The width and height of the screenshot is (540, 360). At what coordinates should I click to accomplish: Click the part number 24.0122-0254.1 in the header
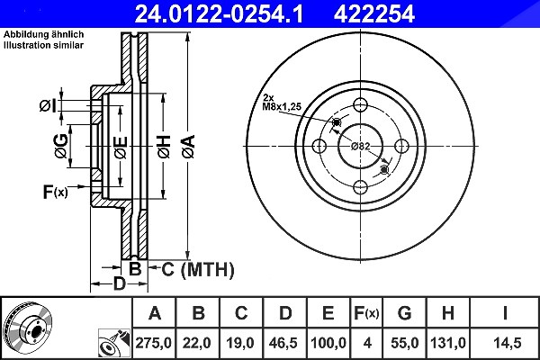coord(219,13)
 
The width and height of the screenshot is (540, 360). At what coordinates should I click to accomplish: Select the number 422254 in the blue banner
coord(374,13)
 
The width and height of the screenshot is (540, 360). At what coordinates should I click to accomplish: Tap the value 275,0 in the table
coord(153,343)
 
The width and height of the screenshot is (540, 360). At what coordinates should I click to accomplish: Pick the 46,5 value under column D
coord(283,343)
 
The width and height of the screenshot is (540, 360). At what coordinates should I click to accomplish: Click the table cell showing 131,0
coord(447,343)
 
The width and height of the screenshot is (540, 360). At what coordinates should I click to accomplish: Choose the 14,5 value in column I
coord(508,343)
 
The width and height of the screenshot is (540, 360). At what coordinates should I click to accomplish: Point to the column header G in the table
coord(404,313)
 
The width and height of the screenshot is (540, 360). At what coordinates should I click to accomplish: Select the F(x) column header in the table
coord(366,313)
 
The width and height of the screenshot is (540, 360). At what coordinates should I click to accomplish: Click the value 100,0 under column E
coord(328,343)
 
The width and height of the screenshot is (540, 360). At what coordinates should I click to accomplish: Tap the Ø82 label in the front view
coord(361,146)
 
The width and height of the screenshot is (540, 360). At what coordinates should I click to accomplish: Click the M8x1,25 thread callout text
coord(282,107)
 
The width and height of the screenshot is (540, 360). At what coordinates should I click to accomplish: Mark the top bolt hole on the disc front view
coord(360,105)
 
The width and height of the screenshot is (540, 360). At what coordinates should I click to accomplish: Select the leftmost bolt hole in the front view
coord(319,146)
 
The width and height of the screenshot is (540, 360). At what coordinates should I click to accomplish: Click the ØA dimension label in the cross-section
coord(189,147)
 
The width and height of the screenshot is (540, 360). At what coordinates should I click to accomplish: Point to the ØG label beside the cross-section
coord(61,146)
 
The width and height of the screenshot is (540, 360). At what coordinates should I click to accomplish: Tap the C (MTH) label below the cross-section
coord(198,270)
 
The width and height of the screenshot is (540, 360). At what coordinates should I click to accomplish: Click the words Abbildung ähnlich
coord(43,34)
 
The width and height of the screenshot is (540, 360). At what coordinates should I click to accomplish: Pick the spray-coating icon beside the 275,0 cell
coord(114,343)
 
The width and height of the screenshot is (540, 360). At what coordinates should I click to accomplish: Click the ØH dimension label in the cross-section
coord(164,147)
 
